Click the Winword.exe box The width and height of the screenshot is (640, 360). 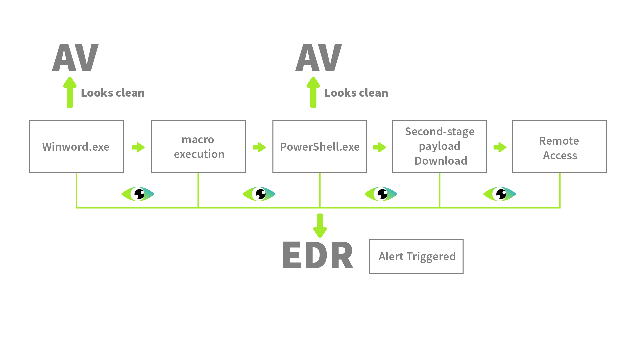(76, 147)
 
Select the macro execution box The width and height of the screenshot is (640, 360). (198, 147)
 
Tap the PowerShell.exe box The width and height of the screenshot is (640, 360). (320, 147)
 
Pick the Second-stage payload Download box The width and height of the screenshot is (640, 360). (439, 147)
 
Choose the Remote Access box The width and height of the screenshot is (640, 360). (560, 147)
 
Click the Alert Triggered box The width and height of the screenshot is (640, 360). (416, 256)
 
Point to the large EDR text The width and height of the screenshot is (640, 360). (318, 255)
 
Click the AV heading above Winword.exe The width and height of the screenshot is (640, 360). (75, 58)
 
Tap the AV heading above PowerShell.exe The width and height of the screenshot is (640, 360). (319, 58)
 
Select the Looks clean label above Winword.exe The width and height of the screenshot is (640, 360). (113, 93)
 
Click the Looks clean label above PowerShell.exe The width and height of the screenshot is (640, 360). (356, 93)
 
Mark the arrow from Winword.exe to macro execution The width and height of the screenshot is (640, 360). (138, 147)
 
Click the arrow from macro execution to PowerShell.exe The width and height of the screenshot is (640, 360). (259, 147)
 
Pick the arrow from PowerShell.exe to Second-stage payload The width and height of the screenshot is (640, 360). (380, 147)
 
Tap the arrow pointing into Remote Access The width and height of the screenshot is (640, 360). (500, 147)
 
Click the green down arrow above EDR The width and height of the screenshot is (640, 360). (320, 225)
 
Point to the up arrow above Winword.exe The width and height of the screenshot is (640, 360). (70, 92)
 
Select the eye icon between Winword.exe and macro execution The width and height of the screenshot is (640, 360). (138, 194)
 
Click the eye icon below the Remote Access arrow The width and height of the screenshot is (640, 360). (499, 194)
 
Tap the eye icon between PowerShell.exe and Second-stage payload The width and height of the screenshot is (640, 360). (381, 194)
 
